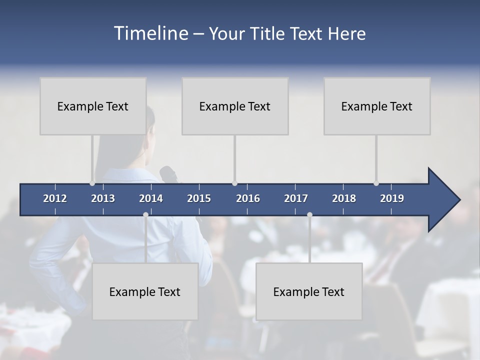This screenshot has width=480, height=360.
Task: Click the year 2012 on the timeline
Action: [55, 198]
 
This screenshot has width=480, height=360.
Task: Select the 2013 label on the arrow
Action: [103, 198]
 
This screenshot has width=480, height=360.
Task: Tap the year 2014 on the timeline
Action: [151, 198]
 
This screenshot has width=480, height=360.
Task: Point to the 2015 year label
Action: [199, 198]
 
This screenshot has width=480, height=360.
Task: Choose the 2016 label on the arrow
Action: [248, 198]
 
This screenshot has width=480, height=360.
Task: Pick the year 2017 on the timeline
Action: [296, 198]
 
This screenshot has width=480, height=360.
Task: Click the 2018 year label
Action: [344, 198]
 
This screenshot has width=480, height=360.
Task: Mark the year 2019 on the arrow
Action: [392, 198]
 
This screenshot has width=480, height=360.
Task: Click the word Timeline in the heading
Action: [150, 33]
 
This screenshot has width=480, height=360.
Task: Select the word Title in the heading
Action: [268, 33]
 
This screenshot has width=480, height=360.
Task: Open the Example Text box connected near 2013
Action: [93, 106]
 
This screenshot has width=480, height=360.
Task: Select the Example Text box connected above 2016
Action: [235, 106]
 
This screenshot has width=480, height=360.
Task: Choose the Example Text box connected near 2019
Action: [377, 106]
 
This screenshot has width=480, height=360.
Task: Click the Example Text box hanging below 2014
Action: [145, 291]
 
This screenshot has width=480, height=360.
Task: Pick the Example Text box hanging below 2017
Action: [309, 291]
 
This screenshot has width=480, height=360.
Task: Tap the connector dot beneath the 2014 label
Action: [145, 214]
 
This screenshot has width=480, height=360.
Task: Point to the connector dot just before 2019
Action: [376, 183]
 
